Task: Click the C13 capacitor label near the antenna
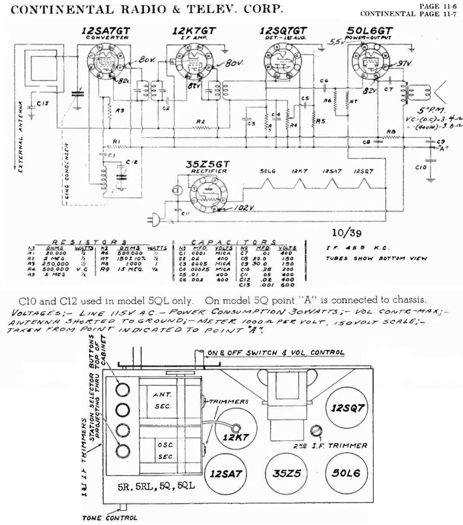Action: click(x=42, y=104)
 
